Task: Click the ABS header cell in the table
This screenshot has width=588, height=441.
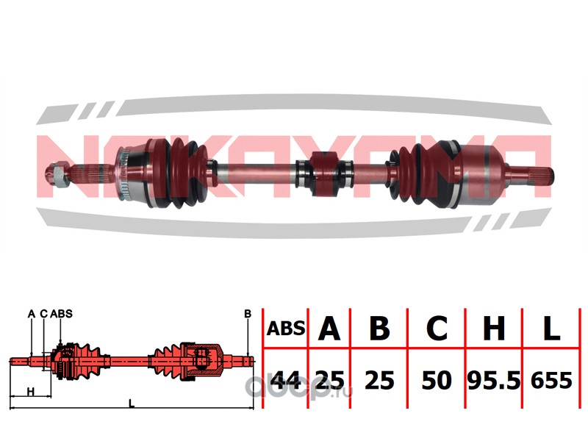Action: [x=286, y=329]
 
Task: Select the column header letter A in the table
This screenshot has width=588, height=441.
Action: [x=329, y=329]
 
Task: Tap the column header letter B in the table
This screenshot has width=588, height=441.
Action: [x=379, y=329]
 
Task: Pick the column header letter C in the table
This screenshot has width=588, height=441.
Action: [x=437, y=329]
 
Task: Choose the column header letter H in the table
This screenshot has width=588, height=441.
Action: [x=494, y=329]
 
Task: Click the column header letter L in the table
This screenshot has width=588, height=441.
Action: [x=551, y=329]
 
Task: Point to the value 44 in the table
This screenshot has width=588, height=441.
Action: [x=286, y=380]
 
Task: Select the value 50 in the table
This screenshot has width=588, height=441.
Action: [x=437, y=380]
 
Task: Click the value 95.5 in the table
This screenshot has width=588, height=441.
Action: [x=494, y=380]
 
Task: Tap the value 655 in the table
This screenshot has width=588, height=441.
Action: [x=551, y=380]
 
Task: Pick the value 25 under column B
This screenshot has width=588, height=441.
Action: [x=379, y=380]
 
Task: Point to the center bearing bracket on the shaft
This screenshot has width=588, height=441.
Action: [x=323, y=173]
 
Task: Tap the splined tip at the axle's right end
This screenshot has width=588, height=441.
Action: [x=541, y=176]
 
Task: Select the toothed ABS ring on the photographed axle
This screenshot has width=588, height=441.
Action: [x=123, y=173]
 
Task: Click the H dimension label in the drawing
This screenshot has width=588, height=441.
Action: [x=31, y=392]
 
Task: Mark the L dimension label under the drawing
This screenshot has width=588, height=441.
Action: [x=132, y=404]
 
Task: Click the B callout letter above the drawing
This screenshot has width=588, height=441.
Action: [x=248, y=314]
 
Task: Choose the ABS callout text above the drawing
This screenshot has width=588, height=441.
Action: [x=61, y=314]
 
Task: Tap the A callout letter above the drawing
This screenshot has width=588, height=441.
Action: [x=32, y=314]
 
